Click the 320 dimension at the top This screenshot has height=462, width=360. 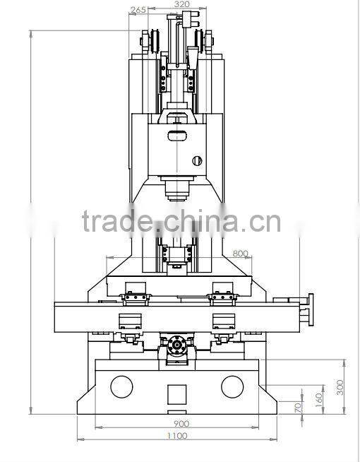tap(181, 4)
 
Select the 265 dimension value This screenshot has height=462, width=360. tap(138, 10)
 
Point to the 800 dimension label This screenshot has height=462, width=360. tap(240, 253)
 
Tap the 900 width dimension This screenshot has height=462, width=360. tap(181, 423)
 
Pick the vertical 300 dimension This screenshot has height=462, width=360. tap(340, 386)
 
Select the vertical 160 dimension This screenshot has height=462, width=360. tap(319, 400)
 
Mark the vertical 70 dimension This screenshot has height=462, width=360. tap(299, 407)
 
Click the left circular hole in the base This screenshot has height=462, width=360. tap(121, 386)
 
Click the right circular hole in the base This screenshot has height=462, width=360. tap(232, 386)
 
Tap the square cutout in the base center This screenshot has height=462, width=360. tap(176, 393)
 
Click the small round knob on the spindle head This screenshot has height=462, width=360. tap(198, 159)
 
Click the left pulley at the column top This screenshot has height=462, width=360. tap(152, 40)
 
